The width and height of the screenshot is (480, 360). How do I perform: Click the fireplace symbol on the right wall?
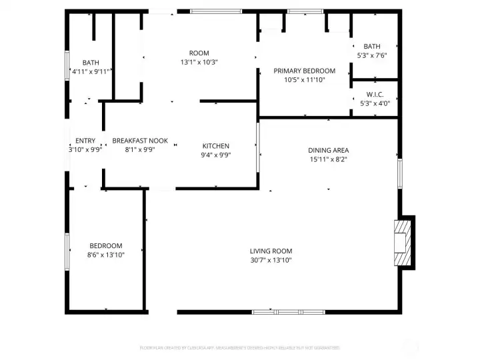tap(403, 243)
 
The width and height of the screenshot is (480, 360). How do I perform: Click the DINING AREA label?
tap(328, 150)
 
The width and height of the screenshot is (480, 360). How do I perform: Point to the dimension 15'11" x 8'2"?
tap(328, 159)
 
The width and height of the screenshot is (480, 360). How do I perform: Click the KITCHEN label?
tap(216, 146)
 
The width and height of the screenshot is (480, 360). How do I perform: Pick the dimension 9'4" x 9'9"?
tap(216, 155)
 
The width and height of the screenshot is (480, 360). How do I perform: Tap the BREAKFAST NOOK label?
tap(140, 141)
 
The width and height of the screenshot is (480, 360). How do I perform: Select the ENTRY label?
tap(85, 141)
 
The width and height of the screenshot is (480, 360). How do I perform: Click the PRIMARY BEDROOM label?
tap(305, 71)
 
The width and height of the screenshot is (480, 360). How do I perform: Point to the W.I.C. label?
tap(375, 94)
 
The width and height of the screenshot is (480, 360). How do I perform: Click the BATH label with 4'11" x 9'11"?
tap(91, 63)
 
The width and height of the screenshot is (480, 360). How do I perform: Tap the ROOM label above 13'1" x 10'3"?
tap(199, 53)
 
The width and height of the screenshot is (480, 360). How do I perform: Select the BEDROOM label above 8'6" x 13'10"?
tap(106, 245)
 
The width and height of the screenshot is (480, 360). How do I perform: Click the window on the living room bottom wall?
tap(288, 311)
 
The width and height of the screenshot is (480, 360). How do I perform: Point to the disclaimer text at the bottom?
tap(239, 348)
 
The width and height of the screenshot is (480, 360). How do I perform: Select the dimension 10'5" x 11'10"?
tap(305, 80)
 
